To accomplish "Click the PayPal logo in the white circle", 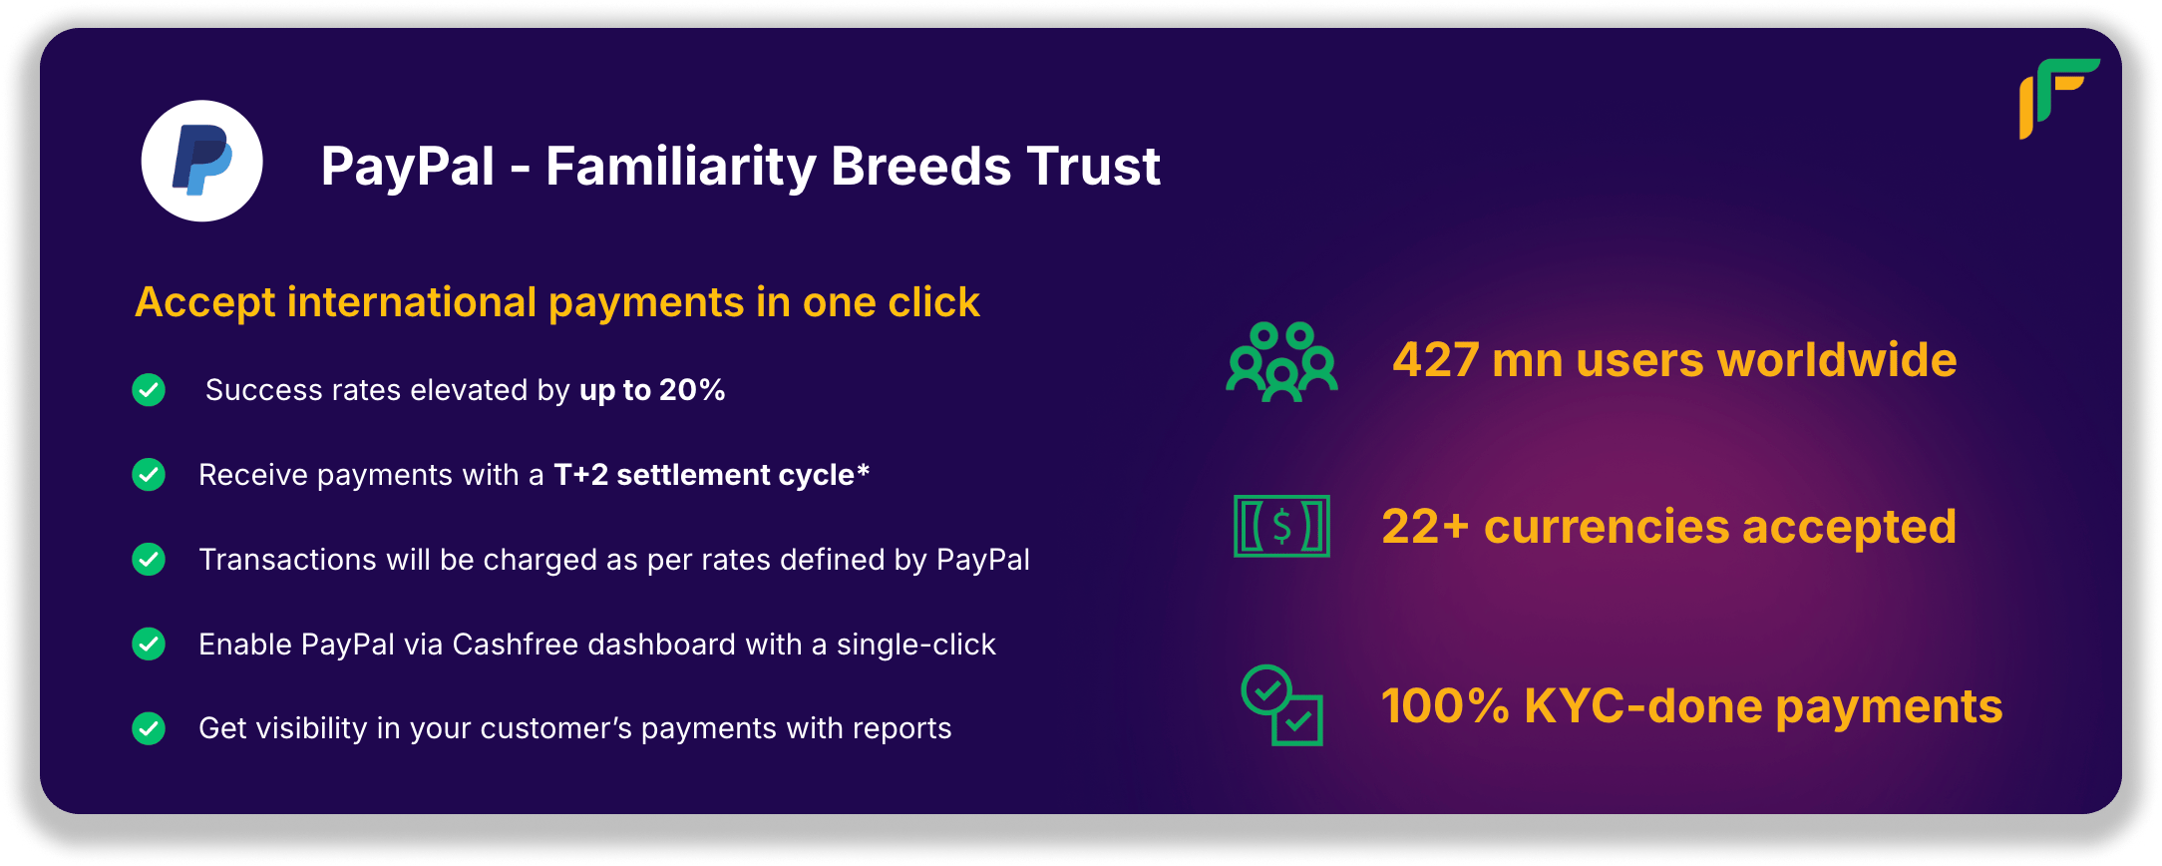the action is tap(202, 161).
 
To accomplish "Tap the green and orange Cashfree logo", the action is tap(2059, 98).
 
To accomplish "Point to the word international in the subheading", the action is tap(412, 302).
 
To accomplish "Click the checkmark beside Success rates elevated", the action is tap(149, 389).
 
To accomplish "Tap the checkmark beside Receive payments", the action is tap(149, 474).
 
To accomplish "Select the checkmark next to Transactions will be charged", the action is tap(149, 559).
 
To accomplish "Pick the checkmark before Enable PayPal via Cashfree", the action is tap(149, 644).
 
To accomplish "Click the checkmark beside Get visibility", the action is tap(149, 728).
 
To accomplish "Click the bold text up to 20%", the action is tap(652, 390).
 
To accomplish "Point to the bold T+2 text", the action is tap(580, 475).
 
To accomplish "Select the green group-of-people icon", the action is tap(1282, 361).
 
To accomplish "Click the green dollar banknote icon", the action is tap(1281, 526).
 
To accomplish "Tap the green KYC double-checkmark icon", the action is tap(1282, 705).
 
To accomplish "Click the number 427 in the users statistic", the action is tap(1436, 360).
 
